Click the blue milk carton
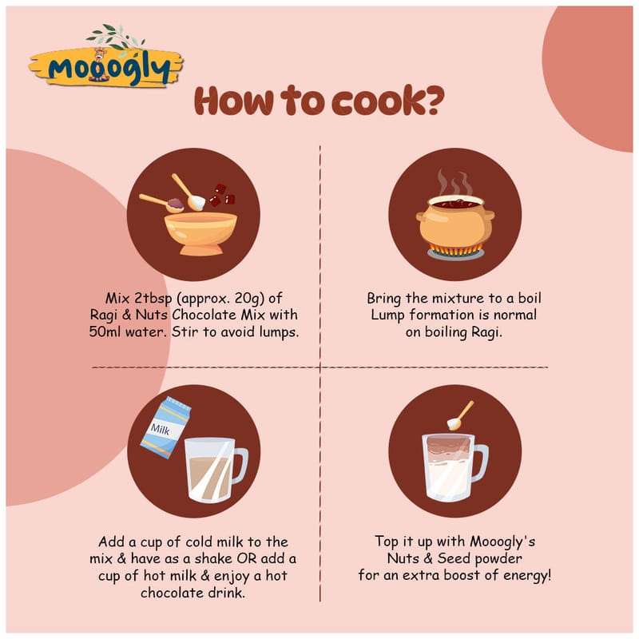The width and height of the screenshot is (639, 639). click(165, 428)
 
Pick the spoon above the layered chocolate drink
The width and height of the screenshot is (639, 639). click(461, 415)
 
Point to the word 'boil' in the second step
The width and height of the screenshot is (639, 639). click(530, 298)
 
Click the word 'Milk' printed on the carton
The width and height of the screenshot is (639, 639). click(161, 429)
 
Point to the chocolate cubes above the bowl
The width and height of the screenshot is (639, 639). click(222, 195)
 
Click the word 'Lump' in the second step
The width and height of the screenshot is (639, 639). click(387, 316)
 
